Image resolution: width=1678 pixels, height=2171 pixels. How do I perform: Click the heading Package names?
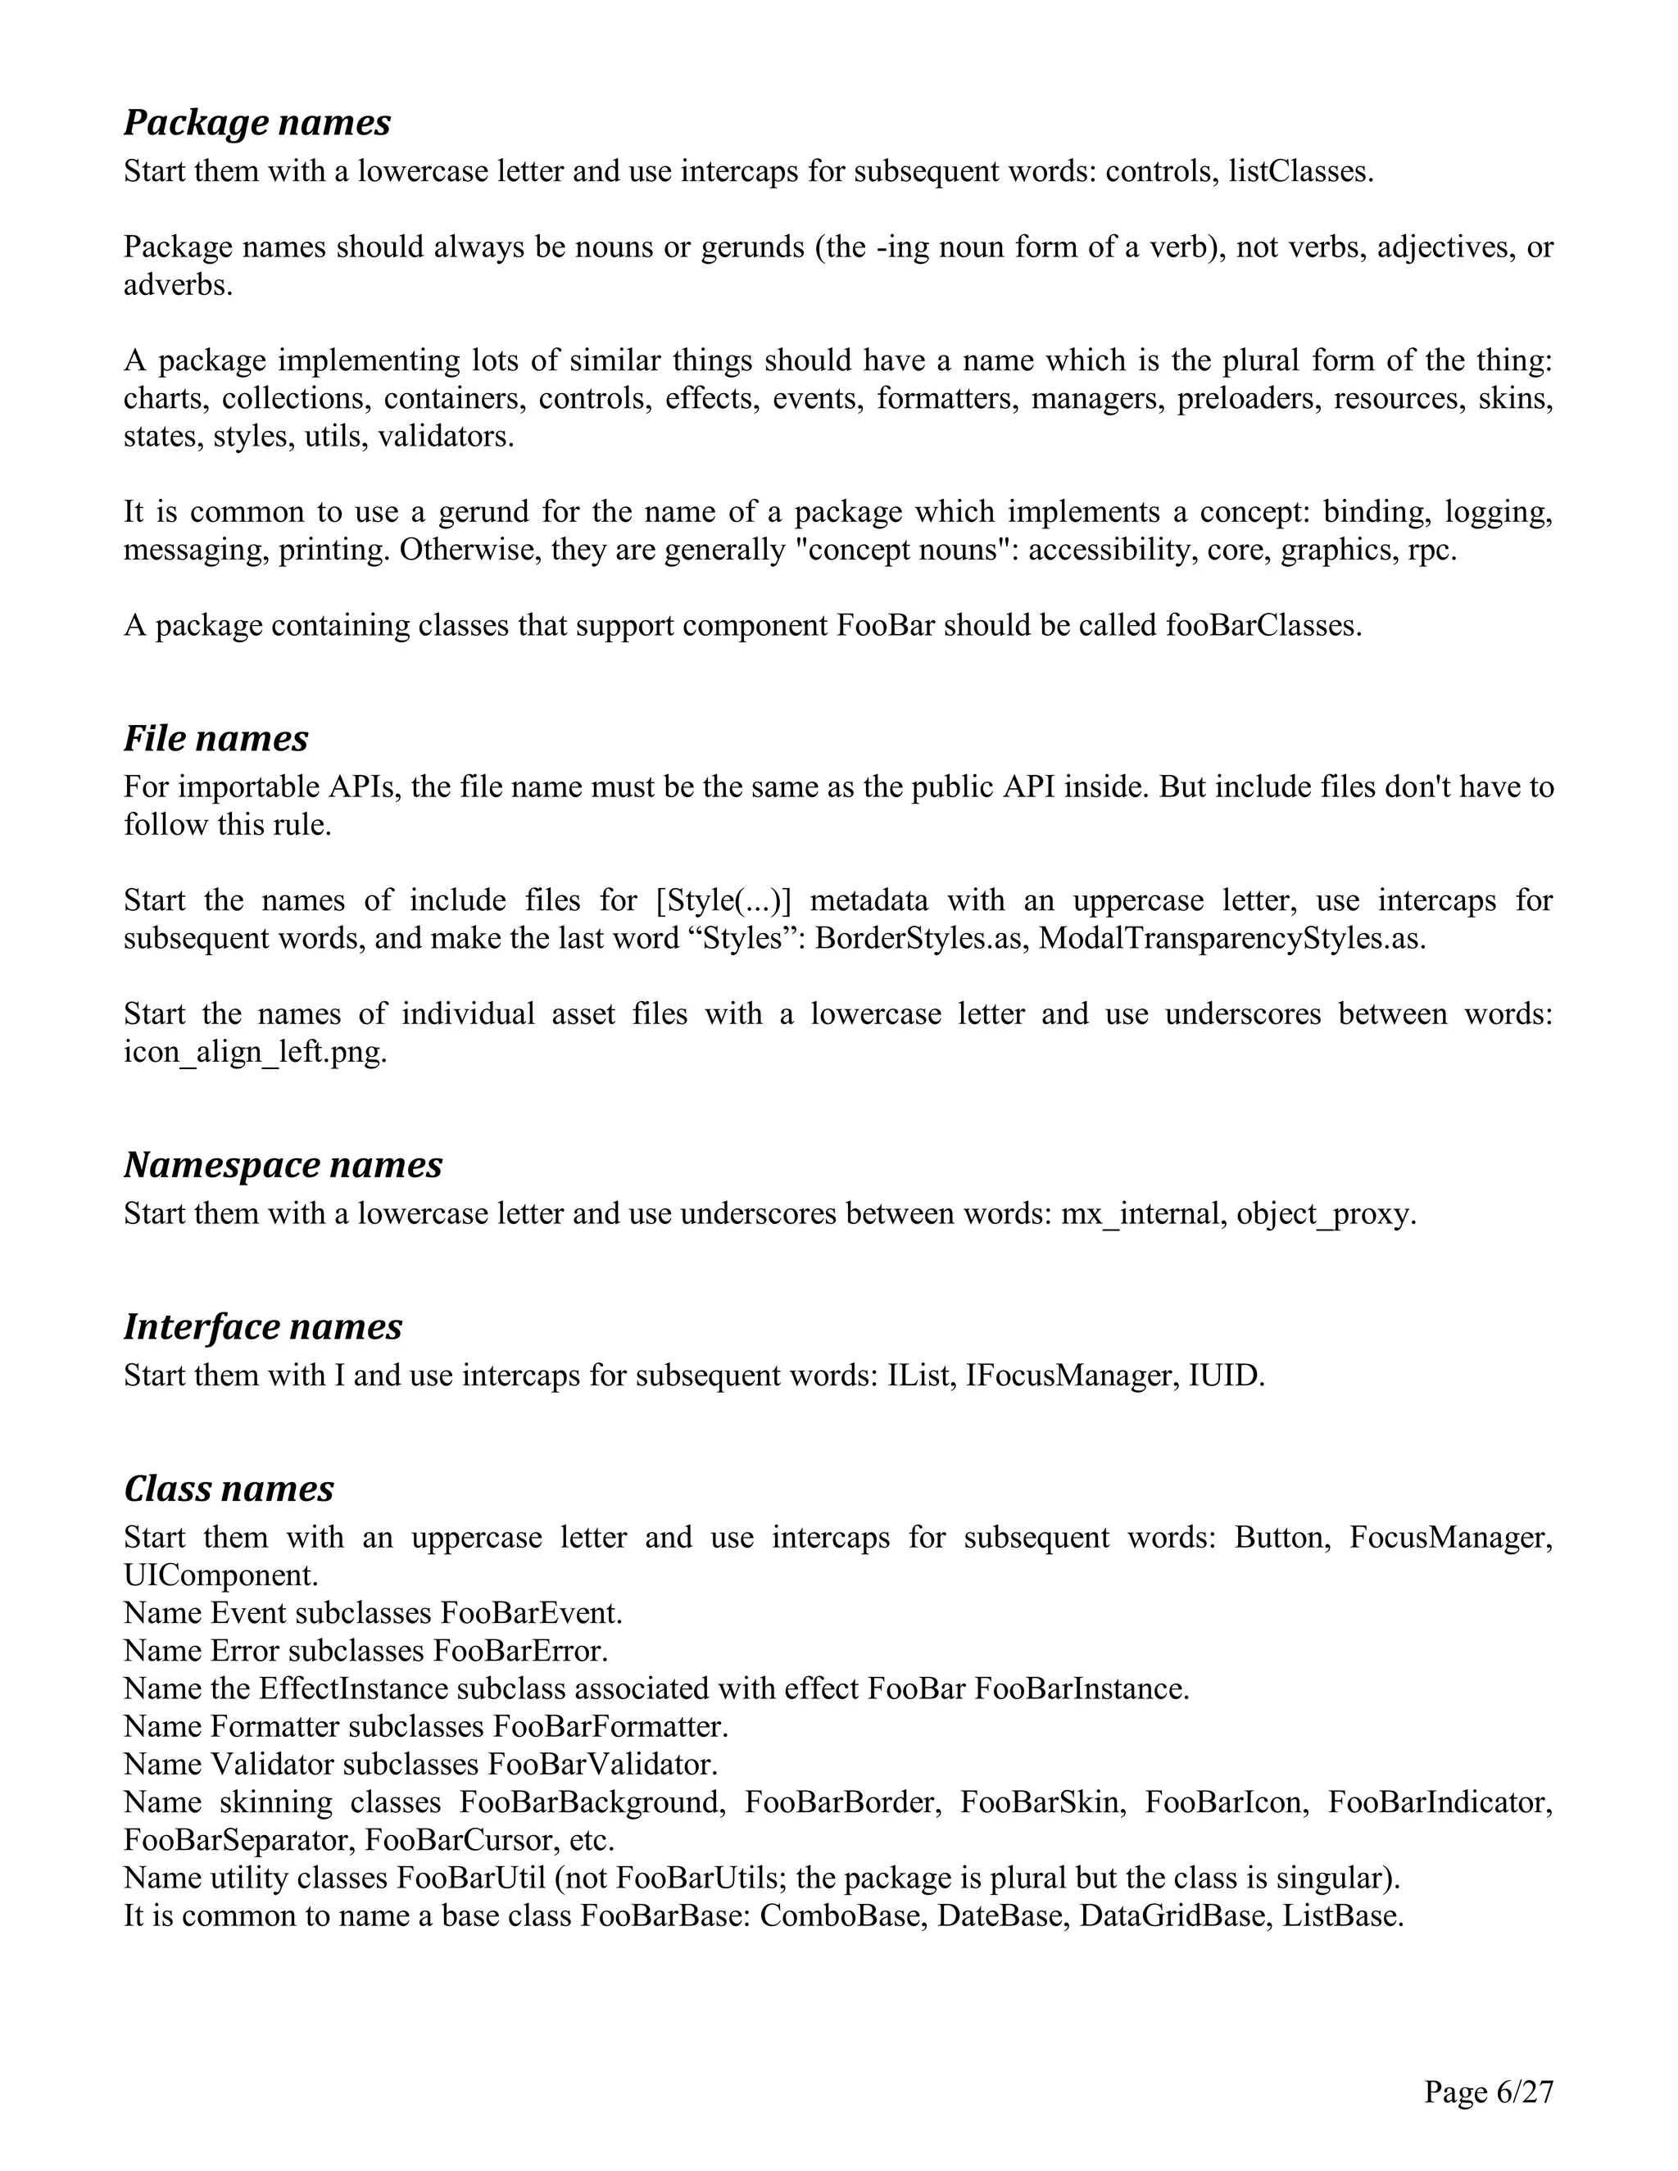pyautogui.click(x=256, y=122)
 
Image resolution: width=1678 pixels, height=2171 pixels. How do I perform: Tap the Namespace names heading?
pyautogui.click(x=283, y=1164)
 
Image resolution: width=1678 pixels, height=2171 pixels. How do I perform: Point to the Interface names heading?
pyautogui.click(x=262, y=1326)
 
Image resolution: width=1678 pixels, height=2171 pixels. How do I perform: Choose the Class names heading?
pyautogui.click(x=229, y=1488)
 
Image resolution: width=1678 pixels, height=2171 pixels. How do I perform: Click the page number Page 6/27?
pyautogui.click(x=1488, y=2092)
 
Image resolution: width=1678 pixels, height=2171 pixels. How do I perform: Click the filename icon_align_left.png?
pyautogui.click(x=255, y=1052)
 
